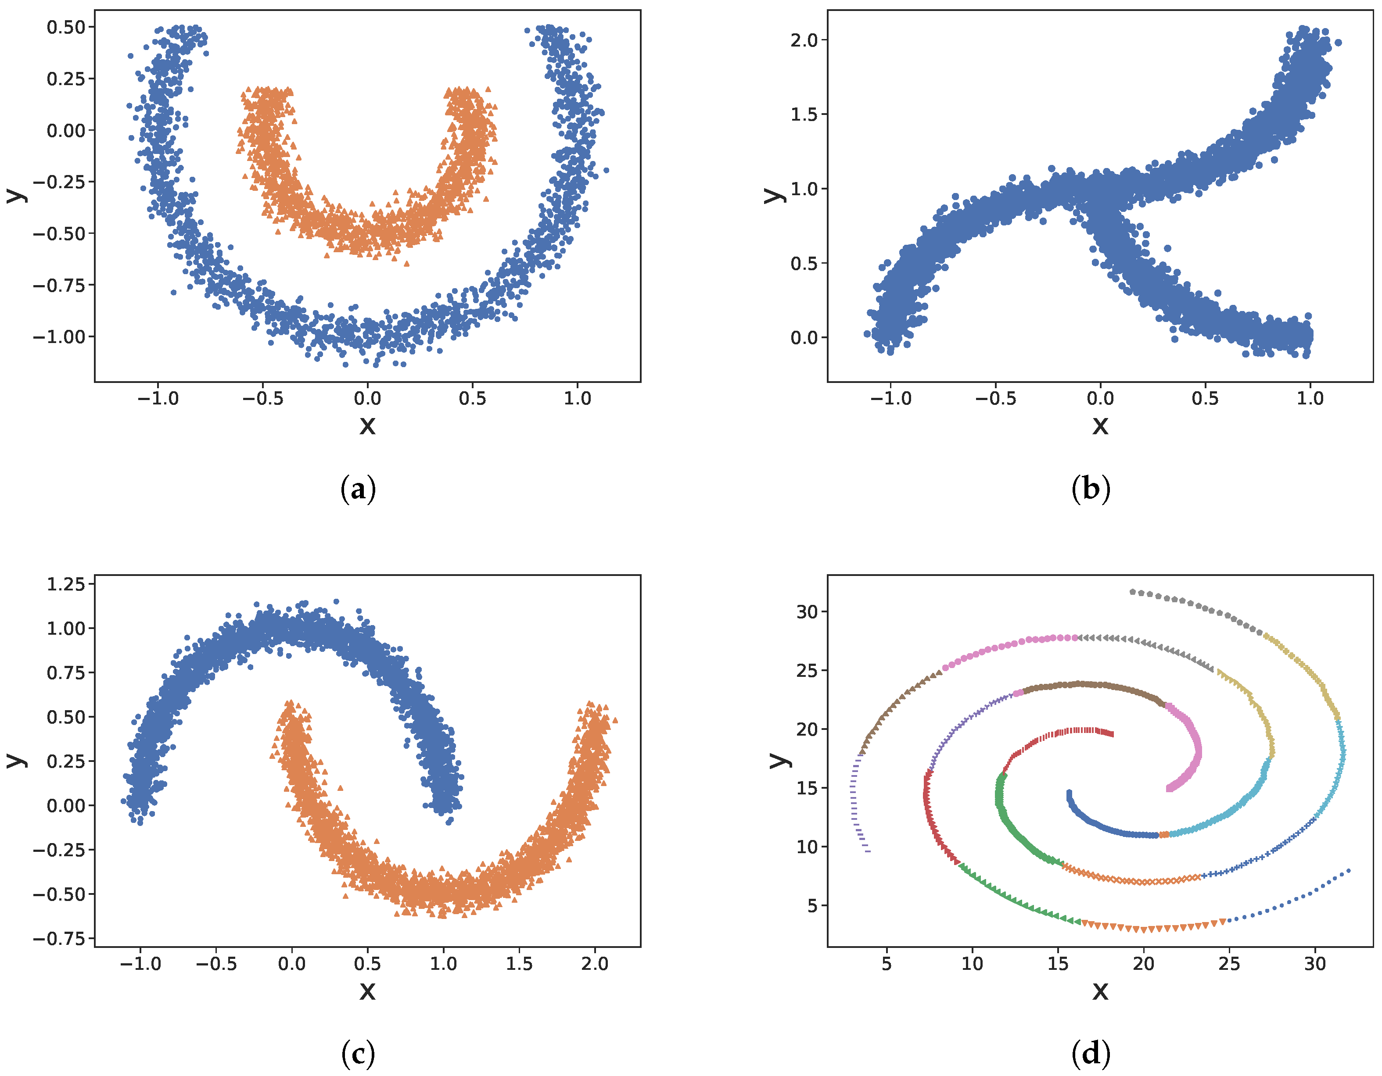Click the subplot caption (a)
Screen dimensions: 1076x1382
point(358,490)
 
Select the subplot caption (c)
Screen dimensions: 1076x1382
point(358,1054)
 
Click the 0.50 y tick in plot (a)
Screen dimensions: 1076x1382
point(66,27)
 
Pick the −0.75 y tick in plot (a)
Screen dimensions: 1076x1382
point(59,285)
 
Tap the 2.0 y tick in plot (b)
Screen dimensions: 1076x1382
point(804,40)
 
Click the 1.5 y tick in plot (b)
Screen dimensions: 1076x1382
point(804,114)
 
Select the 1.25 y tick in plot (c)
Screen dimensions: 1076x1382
point(66,584)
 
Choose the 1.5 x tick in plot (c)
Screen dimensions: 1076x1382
point(519,964)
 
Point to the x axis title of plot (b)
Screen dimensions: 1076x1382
point(1100,425)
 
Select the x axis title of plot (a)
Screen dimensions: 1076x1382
point(367,425)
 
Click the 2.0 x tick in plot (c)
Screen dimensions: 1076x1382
point(595,964)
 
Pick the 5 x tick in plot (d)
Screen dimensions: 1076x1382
point(887,964)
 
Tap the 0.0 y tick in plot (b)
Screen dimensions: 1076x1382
point(804,338)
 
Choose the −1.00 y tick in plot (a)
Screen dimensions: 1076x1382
point(59,337)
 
